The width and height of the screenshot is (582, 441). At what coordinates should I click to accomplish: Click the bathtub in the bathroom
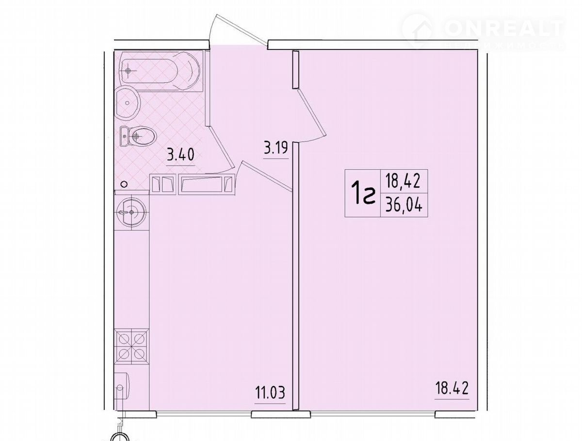click(161, 72)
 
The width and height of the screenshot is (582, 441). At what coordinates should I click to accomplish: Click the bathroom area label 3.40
click(180, 155)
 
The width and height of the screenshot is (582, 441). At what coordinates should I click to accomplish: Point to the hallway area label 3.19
click(276, 148)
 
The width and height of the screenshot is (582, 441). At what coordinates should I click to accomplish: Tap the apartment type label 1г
click(363, 193)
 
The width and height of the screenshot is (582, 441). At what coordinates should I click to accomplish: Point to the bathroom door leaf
click(221, 147)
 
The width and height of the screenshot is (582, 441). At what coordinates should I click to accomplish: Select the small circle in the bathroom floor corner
click(124, 184)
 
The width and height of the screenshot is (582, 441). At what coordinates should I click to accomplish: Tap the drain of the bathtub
click(129, 71)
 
